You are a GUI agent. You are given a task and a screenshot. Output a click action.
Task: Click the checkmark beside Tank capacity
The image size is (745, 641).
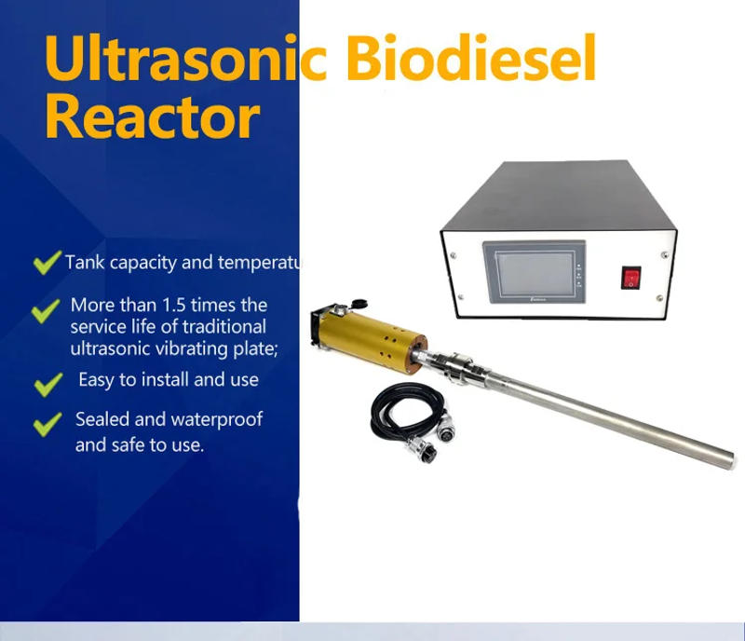click(46, 264)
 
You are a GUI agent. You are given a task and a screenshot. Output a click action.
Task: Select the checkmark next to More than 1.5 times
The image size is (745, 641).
click(46, 310)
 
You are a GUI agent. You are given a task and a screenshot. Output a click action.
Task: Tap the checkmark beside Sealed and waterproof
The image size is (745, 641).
click(46, 425)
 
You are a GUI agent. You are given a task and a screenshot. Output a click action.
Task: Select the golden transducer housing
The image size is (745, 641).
click(372, 340)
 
